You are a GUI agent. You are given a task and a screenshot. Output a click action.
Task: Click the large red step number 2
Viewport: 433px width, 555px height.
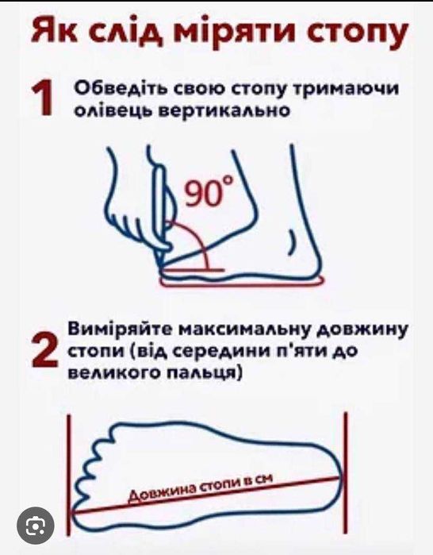coord(44,349)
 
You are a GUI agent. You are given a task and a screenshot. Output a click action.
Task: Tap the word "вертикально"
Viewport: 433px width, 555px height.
coord(224,110)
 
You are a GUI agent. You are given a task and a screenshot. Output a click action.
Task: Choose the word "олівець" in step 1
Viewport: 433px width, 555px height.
coord(113,111)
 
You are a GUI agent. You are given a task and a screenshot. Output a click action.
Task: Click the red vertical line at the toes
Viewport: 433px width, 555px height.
coord(69,473)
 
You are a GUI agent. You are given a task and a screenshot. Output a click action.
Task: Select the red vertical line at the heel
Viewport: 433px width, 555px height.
coord(346,473)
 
